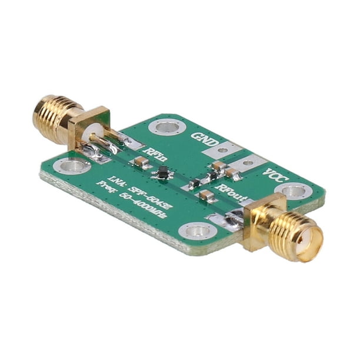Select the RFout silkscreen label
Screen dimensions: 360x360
coord(231,192)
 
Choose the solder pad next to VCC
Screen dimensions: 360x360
coord(248,163)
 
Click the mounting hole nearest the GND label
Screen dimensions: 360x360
coord(167,126)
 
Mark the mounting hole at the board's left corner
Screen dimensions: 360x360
coord(72,166)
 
